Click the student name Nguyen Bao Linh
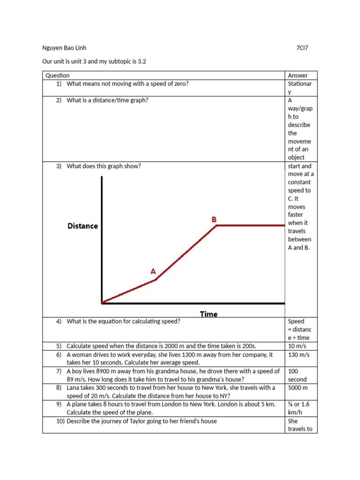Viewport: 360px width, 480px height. click(64, 48)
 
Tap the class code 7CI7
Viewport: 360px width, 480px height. click(302, 48)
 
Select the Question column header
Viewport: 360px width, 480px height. click(57, 75)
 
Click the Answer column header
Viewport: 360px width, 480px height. click(298, 75)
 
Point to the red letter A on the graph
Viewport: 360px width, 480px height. click(153, 271)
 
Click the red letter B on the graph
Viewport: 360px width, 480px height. click(214, 219)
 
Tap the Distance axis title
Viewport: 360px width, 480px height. click(83, 226)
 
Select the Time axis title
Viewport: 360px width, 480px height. click(209, 314)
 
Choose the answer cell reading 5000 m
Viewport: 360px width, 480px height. click(298, 388)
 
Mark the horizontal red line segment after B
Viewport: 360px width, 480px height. click(251, 225)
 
